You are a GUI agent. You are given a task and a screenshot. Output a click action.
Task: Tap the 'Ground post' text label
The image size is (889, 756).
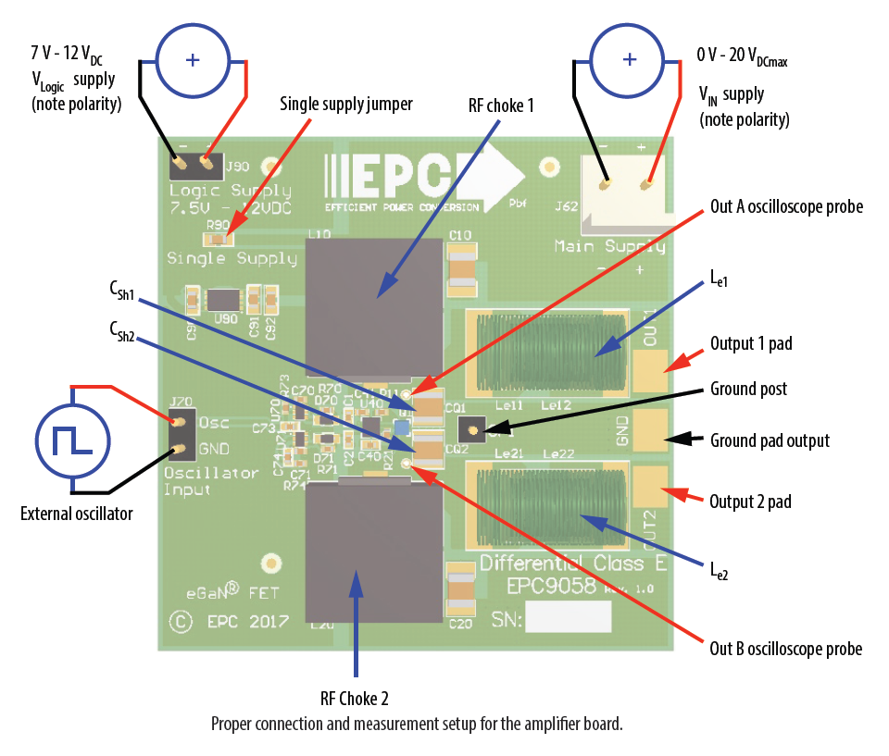tap(748, 389)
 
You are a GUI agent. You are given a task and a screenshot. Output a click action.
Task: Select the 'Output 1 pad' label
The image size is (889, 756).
tap(751, 343)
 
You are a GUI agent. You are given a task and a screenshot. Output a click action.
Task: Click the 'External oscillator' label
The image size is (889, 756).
tap(77, 513)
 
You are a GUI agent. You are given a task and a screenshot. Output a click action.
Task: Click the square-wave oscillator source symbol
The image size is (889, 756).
tap(71, 440)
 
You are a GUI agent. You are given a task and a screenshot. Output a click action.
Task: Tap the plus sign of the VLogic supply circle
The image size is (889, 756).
tap(193, 60)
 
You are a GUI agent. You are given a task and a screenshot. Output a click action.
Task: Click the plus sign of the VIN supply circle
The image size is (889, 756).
tap(630, 60)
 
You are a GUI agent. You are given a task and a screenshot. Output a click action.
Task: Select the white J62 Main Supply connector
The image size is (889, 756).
tap(622, 186)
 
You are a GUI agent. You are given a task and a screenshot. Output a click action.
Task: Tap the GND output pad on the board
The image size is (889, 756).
tap(652, 429)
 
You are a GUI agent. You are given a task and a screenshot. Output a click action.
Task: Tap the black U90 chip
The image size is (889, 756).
tap(223, 299)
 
